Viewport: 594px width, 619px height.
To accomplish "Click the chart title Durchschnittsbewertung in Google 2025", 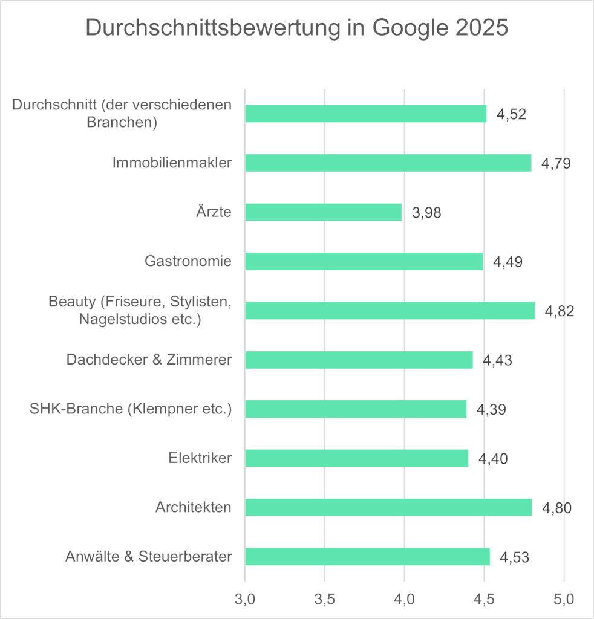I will (x=296, y=28).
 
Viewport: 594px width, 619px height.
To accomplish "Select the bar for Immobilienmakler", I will (x=388, y=163).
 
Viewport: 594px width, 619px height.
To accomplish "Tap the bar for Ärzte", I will (x=323, y=212).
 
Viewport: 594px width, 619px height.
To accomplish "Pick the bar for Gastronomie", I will (x=364, y=261).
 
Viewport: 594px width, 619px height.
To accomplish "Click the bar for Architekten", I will (x=388, y=507).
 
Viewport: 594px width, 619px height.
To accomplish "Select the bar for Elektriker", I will (x=356, y=458).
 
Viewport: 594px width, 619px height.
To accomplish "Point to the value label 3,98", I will (x=427, y=213).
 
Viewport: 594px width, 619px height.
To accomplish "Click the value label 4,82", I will (x=560, y=311).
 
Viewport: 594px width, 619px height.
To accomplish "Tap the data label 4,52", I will (x=512, y=114).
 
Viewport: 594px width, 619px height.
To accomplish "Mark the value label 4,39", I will (x=491, y=409).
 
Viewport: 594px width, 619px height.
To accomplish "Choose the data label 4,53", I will (x=515, y=557).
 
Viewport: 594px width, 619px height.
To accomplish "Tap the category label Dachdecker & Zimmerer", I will (x=149, y=360).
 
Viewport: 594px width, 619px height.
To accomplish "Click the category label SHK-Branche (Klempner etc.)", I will (x=131, y=409).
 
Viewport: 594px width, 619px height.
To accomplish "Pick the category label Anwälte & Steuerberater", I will (x=148, y=556).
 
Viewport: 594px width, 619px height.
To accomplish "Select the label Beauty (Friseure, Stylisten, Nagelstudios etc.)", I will (x=140, y=310).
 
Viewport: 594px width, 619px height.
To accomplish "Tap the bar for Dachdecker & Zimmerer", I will (x=359, y=360).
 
